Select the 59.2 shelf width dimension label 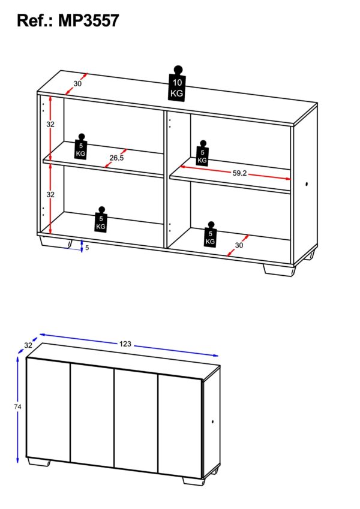(239, 173)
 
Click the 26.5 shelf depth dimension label (117, 158)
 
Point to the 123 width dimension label (125, 344)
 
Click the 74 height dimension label (18, 406)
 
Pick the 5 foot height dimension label (87, 246)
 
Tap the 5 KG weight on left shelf (82, 147)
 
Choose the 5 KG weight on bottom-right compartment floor (210, 234)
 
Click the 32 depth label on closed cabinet (28, 345)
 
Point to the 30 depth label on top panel (78, 83)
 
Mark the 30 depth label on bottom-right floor (239, 245)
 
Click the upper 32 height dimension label (51, 125)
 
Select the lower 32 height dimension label (51, 194)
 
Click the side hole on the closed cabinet (213, 424)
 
